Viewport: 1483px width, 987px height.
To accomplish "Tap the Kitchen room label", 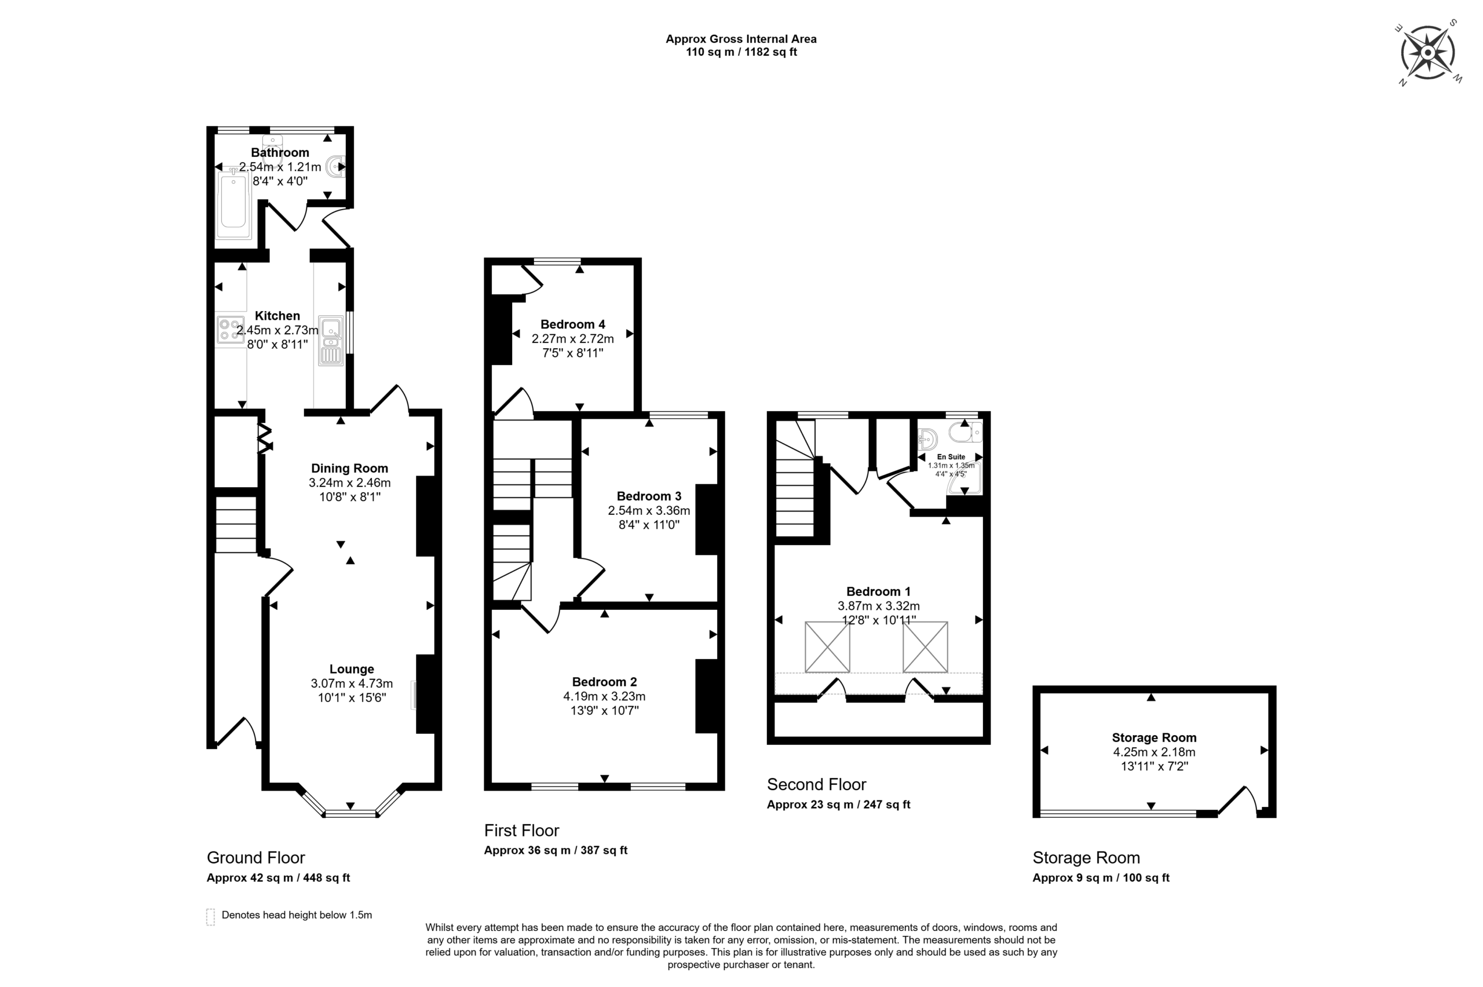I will coord(277,316).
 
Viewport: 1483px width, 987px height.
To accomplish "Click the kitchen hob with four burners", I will coord(230,330).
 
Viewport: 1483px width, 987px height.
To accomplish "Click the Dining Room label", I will coord(349,469).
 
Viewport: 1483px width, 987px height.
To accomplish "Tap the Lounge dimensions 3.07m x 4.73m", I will coord(351,683).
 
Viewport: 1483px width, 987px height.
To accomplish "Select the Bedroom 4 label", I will coord(572,324).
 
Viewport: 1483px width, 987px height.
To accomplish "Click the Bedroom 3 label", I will coord(648,496).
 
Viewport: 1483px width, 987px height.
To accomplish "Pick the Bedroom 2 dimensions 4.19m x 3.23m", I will coord(604,696).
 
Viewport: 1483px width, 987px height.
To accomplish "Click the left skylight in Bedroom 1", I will coord(827,646).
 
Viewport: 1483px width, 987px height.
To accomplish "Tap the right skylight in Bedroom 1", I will coord(924,646).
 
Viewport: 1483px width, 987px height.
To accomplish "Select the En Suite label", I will coord(951,457).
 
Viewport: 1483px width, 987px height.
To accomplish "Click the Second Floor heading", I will coord(816,784).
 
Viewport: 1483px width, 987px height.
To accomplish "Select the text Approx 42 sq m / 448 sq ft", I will coord(277,878).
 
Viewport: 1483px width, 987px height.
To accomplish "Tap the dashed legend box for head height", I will coord(210,916).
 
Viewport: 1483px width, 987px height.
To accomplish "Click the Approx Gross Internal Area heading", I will coord(741,39).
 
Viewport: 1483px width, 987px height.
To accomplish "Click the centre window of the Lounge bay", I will coord(350,814).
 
